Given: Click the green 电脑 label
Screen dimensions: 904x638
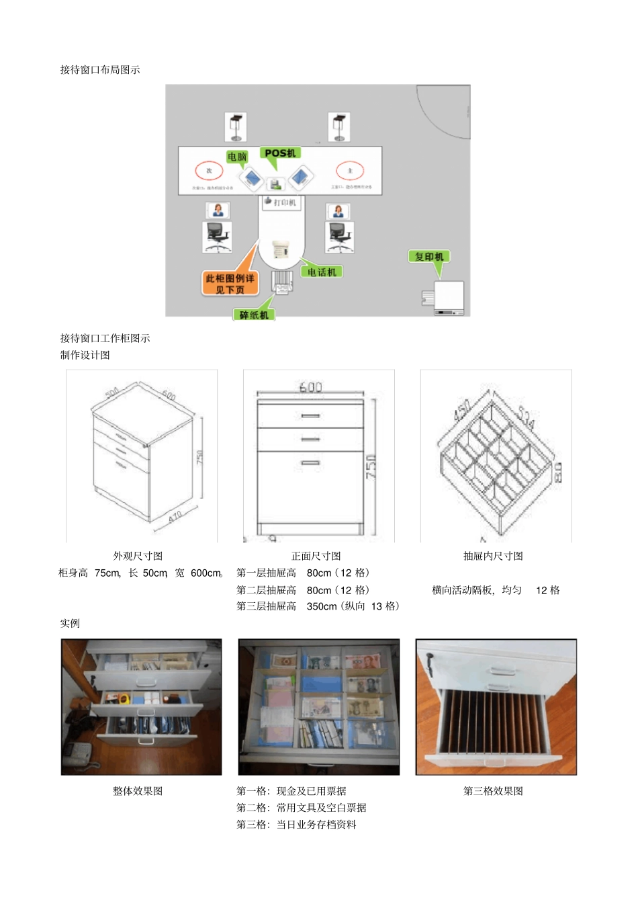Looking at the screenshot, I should point(237,157).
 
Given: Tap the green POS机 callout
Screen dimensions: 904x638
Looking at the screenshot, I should point(279,153).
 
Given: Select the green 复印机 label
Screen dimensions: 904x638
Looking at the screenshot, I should point(429,256).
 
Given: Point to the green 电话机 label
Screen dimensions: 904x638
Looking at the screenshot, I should point(322,272).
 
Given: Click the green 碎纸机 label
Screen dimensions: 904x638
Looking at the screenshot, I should point(254,315).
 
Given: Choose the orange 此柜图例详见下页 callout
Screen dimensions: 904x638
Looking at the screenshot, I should point(230,284).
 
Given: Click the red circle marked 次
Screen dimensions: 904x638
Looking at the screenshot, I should point(209,171).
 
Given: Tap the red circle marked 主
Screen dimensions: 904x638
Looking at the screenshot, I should point(349,171).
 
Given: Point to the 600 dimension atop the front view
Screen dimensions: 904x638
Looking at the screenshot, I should point(310,387).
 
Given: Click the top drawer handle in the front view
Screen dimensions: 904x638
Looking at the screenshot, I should point(310,416).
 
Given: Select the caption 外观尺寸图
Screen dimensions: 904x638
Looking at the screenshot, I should point(138,556).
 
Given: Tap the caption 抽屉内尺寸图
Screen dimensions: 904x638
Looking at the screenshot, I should point(493,556).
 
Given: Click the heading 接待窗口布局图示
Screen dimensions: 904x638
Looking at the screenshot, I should point(100,69).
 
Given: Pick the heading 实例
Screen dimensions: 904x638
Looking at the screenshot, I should point(70,623).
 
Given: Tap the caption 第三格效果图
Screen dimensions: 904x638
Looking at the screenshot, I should point(493,791).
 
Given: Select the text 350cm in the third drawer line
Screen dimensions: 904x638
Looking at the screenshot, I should point(321,606).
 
